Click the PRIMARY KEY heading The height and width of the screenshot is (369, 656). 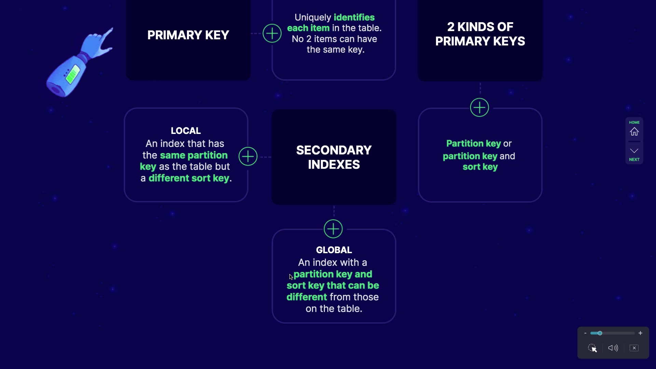188,35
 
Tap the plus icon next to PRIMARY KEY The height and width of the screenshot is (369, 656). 272,33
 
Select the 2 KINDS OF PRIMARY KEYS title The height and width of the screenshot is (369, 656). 480,34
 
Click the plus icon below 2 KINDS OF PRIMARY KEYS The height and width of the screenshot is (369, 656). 479,108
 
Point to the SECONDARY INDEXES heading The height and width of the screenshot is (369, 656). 334,157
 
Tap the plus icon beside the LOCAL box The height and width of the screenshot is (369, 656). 248,156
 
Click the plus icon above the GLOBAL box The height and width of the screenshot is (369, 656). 333,229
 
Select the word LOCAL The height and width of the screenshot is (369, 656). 186,131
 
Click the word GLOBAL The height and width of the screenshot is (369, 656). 334,250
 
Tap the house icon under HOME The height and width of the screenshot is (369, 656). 634,132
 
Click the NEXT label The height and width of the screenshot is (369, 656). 634,160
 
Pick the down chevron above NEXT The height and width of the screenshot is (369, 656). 634,151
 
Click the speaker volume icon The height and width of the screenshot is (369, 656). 613,348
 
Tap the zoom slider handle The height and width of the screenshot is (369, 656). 600,333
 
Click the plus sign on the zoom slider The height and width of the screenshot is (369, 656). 640,333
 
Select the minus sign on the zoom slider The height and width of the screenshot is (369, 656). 585,333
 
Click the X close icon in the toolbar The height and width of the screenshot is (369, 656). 634,348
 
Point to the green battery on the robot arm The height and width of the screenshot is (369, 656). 72,75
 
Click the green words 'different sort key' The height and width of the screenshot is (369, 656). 189,178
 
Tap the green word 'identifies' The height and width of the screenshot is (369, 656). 354,17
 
